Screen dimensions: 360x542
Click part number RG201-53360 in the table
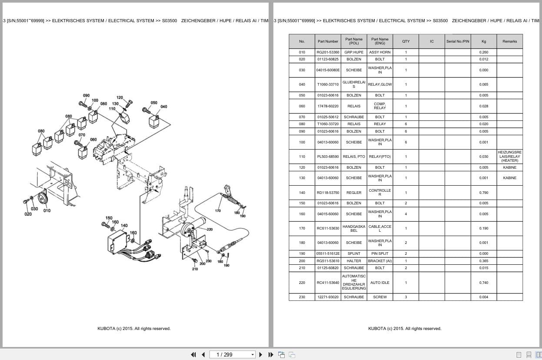click(328, 52)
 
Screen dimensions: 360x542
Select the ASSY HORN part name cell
click(380, 52)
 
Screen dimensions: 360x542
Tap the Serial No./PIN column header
click(458, 41)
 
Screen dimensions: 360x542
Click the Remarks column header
click(509, 41)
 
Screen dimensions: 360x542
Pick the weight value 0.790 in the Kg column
click(484, 193)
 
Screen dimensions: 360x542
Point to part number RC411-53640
click(328, 283)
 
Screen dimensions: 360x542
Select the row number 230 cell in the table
click(302, 297)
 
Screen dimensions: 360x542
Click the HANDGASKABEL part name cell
click(354, 228)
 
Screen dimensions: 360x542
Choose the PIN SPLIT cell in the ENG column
click(380, 253)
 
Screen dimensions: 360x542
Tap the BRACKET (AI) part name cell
click(380, 261)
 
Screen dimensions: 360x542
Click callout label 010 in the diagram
click(47, 210)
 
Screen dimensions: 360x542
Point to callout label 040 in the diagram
click(163, 107)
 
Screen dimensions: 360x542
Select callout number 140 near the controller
click(124, 225)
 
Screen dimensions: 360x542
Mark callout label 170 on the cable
click(218, 211)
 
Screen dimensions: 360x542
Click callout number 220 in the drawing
click(209, 229)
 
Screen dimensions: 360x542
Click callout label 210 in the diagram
click(195, 269)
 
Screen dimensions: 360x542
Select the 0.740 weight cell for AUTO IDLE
click(484, 283)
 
